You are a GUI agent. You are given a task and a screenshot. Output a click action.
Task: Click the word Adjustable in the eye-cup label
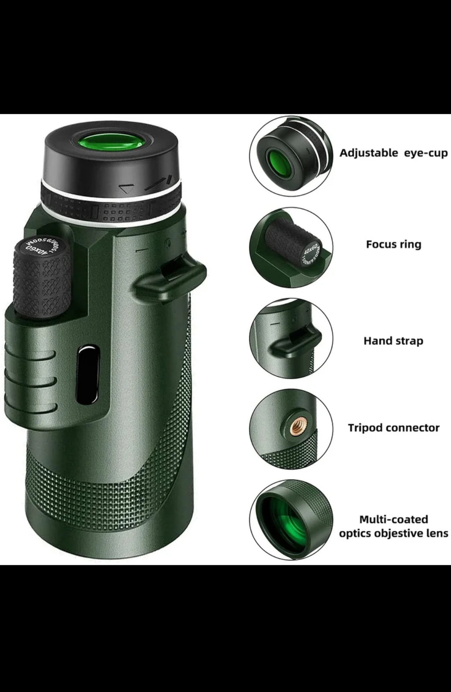[368, 153]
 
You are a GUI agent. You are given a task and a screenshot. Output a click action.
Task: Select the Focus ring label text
[393, 244]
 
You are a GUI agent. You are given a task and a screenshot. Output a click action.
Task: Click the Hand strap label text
[393, 340]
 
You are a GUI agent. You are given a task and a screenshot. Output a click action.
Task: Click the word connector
[414, 428]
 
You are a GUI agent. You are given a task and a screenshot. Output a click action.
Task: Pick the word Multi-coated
[393, 519]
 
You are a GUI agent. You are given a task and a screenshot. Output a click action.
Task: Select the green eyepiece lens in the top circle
[277, 159]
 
